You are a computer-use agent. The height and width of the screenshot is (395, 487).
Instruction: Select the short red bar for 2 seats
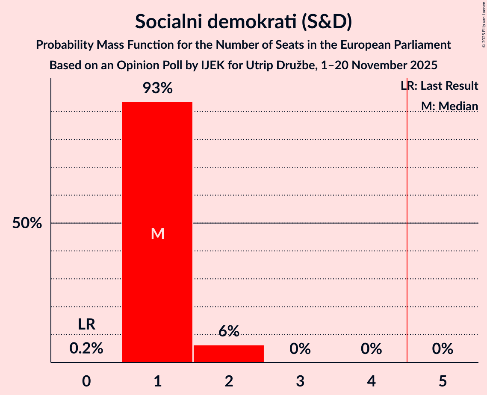pyautogui.click(x=229, y=354)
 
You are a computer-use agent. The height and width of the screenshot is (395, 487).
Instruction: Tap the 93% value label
pyautogui.click(x=157, y=88)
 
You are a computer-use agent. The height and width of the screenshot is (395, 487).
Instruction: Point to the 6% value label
pyautogui.click(x=229, y=331)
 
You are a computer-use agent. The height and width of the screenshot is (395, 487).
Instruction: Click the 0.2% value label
pyautogui.click(x=86, y=348)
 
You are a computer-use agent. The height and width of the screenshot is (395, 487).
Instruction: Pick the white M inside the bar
pyautogui.click(x=157, y=233)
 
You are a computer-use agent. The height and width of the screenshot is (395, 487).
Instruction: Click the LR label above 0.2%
pyautogui.click(x=86, y=324)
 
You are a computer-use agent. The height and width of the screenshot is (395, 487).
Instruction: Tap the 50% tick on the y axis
pyautogui.click(x=27, y=223)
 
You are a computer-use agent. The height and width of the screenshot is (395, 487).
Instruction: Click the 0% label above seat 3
pyautogui.click(x=300, y=349)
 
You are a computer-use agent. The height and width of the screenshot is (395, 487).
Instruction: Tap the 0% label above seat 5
pyautogui.click(x=443, y=349)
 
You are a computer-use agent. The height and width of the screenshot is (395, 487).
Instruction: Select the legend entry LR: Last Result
pyautogui.click(x=440, y=86)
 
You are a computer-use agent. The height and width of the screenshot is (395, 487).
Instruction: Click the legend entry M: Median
pyautogui.click(x=449, y=106)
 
